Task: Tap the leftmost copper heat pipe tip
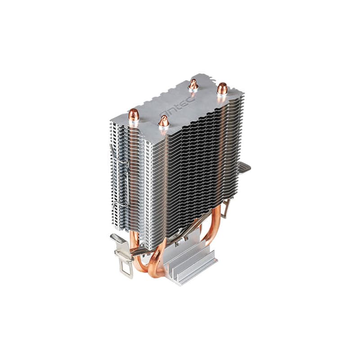click(x=134, y=116)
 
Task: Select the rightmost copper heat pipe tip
click(x=222, y=88)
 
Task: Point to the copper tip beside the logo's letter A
click(x=164, y=121)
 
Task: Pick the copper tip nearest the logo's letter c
click(x=193, y=84)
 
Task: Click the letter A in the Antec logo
click(x=164, y=113)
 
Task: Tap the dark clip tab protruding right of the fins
click(x=244, y=167)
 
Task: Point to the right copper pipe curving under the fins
click(x=215, y=234)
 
